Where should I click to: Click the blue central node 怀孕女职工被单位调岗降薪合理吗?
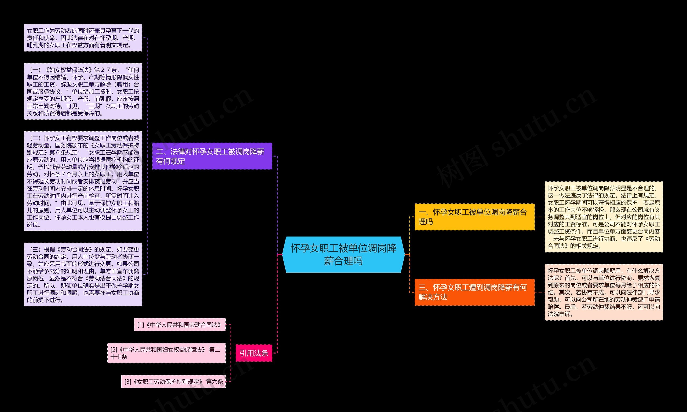click(x=343, y=255)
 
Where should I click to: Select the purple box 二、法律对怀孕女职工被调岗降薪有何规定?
click(x=212, y=156)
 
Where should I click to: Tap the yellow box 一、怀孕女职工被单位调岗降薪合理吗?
click(x=474, y=217)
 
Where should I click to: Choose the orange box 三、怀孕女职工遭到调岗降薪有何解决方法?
click(x=474, y=292)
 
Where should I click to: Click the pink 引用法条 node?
click(x=254, y=353)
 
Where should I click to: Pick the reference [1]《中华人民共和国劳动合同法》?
click(x=180, y=325)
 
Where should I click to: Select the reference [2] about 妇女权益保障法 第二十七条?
click(x=166, y=353)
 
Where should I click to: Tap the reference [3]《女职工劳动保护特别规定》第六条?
click(x=173, y=381)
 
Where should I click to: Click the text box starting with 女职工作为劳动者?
click(x=83, y=38)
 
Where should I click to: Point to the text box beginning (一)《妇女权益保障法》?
click(x=83, y=91)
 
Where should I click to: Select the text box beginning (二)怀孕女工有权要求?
click(x=83, y=181)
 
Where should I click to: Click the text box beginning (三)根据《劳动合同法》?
click(x=83, y=274)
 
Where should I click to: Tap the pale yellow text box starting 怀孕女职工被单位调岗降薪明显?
click(x=604, y=217)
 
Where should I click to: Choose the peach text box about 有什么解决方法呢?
click(x=604, y=292)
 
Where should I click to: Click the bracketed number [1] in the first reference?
click(x=141, y=325)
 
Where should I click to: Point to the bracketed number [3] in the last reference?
click(x=128, y=382)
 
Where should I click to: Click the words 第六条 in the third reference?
click(x=214, y=382)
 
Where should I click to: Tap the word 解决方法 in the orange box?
click(x=433, y=297)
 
